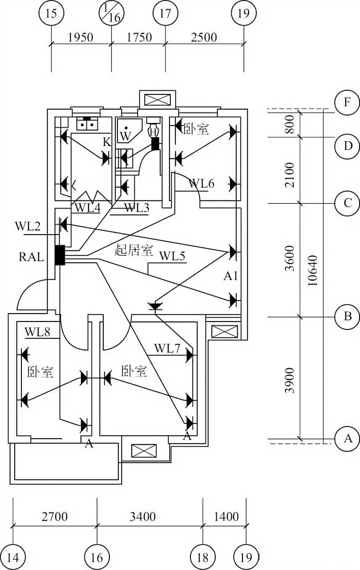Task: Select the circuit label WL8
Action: [37, 332]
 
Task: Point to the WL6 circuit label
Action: [202, 183]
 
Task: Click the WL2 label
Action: [28, 226]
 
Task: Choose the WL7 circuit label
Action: [167, 348]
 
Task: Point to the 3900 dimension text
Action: [290, 380]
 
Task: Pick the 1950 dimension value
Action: [81, 37]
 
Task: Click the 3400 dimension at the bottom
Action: [143, 517]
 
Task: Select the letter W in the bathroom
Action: [126, 136]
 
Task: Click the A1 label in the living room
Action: [231, 277]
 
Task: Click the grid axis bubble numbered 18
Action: [203, 557]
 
